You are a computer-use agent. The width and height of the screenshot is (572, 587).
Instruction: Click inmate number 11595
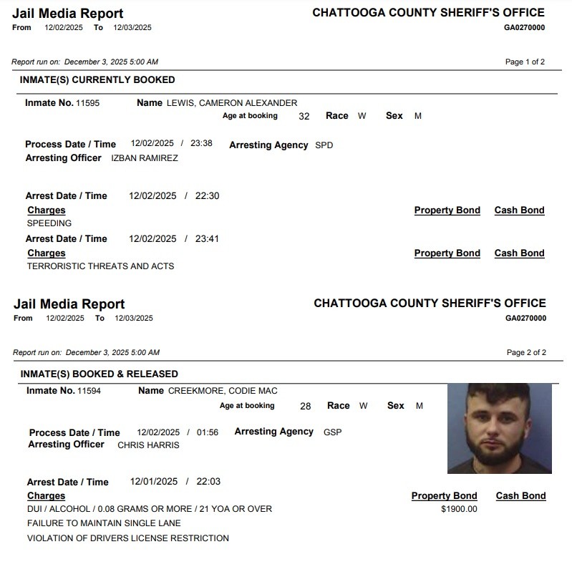click(x=88, y=103)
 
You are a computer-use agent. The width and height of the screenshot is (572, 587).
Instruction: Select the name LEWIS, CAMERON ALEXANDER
click(x=231, y=103)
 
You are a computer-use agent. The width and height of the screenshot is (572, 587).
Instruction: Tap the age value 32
click(x=304, y=116)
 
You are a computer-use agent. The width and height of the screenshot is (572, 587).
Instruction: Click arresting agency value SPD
click(x=324, y=145)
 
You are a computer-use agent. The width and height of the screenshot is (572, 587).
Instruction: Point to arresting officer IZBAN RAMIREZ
click(x=145, y=158)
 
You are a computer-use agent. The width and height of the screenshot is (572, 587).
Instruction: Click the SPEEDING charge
click(x=49, y=223)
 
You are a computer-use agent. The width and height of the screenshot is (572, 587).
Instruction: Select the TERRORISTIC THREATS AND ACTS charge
click(x=100, y=266)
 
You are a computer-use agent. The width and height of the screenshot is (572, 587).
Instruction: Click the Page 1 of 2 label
click(x=525, y=62)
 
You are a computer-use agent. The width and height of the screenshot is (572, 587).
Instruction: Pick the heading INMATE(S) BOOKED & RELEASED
click(x=100, y=374)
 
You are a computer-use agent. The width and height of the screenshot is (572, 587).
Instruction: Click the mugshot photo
click(x=500, y=428)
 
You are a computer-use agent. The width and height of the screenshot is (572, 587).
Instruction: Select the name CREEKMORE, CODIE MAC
click(x=223, y=391)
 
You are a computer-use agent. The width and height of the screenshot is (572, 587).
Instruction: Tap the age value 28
click(x=306, y=406)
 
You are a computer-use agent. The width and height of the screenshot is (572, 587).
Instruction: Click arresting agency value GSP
click(x=332, y=432)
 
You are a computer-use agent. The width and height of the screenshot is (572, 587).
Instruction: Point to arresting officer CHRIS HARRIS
click(x=148, y=445)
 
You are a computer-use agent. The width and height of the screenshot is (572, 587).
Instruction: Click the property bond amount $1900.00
click(x=459, y=510)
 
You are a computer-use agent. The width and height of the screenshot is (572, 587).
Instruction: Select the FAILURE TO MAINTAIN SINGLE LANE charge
click(x=104, y=523)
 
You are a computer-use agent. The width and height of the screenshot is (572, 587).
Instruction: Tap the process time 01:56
click(x=207, y=433)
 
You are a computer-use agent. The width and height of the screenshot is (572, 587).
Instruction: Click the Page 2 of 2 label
click(x=526, y=352)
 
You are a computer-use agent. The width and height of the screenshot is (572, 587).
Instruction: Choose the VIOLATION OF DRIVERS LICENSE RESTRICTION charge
click(x=128, y=538)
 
